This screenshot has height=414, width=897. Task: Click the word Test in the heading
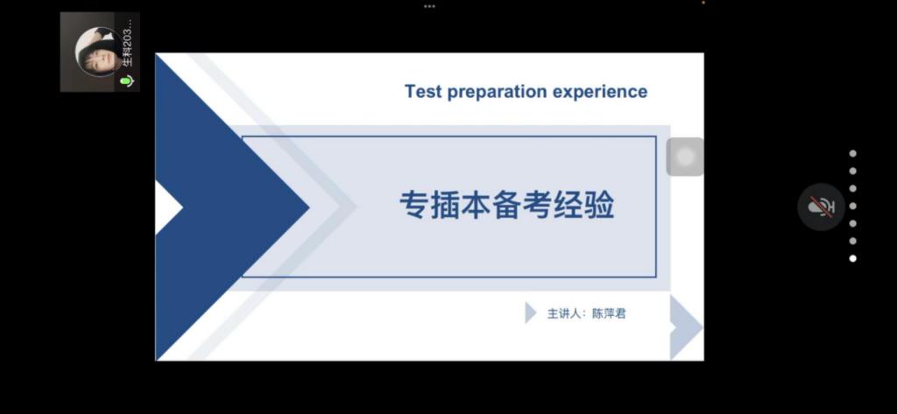(423, 92)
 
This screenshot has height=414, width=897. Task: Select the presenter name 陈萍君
(609, 313)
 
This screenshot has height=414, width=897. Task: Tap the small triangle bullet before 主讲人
(530, 312)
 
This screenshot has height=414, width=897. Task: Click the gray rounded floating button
(685, 157)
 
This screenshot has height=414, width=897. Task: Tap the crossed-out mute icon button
(821, 207)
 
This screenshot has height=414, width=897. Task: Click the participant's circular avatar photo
(96, 52)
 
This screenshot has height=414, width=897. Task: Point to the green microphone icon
(127, 81)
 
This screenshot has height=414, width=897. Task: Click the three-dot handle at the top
(429, 6)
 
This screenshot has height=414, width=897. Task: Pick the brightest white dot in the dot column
(853, 258)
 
